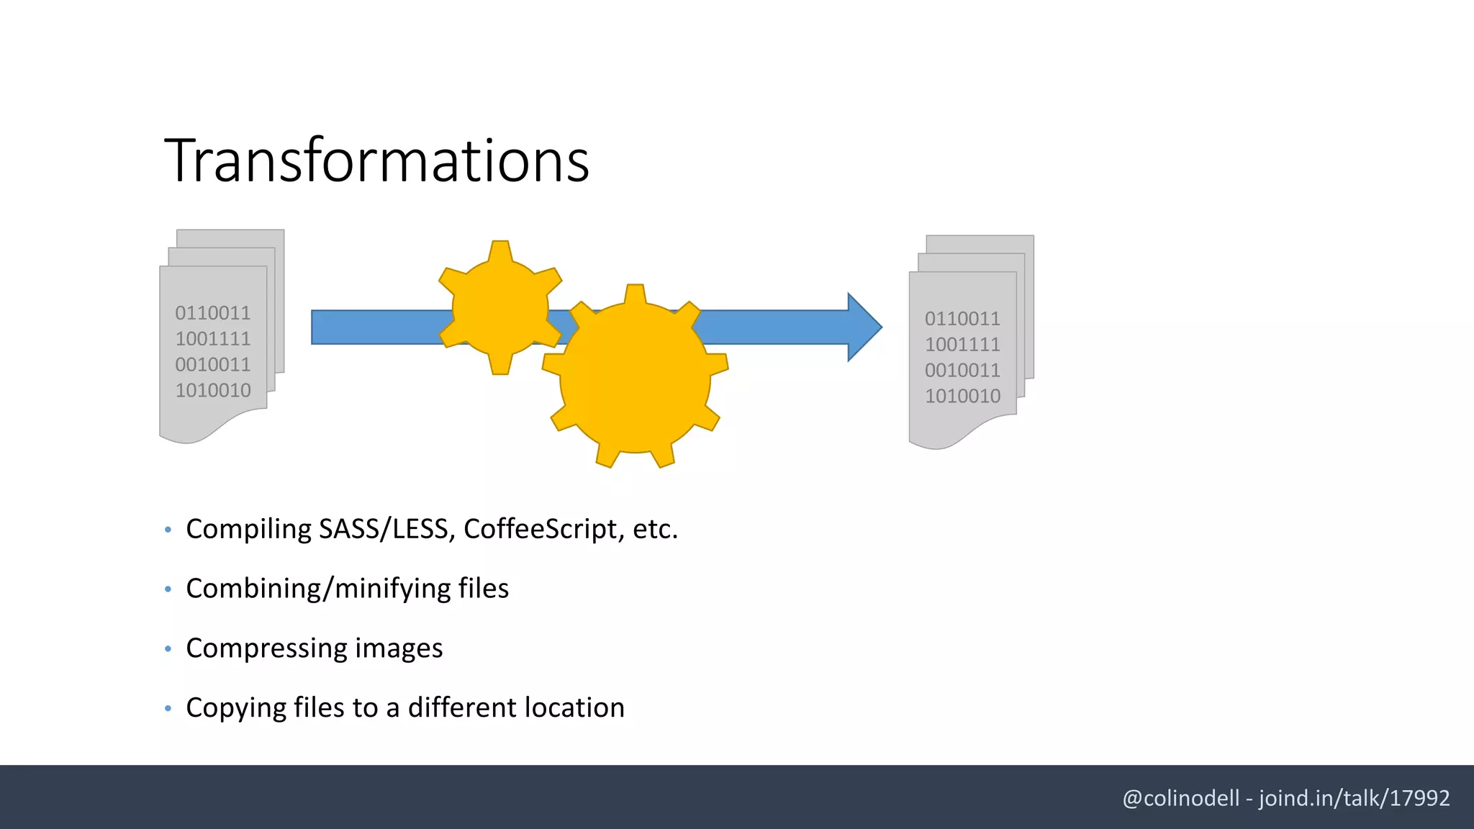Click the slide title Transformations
(x=376, y=160)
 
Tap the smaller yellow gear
(x=500, y=307)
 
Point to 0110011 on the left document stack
(x=212, y=313)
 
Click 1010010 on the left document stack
(x=212, y=390)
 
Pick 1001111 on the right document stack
(x=962, y=344)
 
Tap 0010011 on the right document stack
(x=962, y=370)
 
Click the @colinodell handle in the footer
(x=1180, y=798)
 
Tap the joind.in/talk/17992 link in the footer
(x=1354, y=798)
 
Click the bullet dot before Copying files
(x=168, y=708)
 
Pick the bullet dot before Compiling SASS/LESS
(x=168, y=530)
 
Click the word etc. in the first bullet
(x=655, y=529)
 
